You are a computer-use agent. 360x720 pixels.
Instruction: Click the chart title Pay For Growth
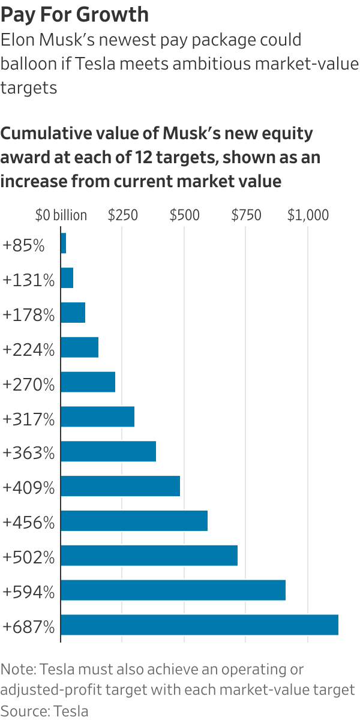[75, 14]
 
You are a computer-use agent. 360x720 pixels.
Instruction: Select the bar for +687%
[199, 625]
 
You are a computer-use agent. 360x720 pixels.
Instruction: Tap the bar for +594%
[173, 590]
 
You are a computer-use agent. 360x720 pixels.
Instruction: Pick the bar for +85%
[64, 244]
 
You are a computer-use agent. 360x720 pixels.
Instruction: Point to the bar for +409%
[120, 486]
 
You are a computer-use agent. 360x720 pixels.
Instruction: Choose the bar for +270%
[88, 382]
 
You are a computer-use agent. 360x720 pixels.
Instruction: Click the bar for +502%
[149, 556]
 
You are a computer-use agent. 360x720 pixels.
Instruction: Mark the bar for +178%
[73, 313]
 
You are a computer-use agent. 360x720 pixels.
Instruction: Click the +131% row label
[28, 280]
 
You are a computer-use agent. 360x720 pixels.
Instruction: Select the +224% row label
[28, 349]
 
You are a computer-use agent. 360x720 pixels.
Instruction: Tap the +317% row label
[28, 418]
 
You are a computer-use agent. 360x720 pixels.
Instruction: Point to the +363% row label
[28, 453]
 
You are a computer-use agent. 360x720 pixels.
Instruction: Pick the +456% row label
[28, 522]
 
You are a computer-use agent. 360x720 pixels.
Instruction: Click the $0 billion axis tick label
[61, 215]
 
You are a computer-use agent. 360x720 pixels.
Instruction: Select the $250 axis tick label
[122, 215]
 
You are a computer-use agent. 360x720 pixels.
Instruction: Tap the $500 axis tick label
[184, 215]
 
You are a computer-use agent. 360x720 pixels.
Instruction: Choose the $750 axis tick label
[246, 215]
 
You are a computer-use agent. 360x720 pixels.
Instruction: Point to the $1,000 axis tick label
[308, 215]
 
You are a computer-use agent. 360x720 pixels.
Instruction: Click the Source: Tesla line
[44, 711]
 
